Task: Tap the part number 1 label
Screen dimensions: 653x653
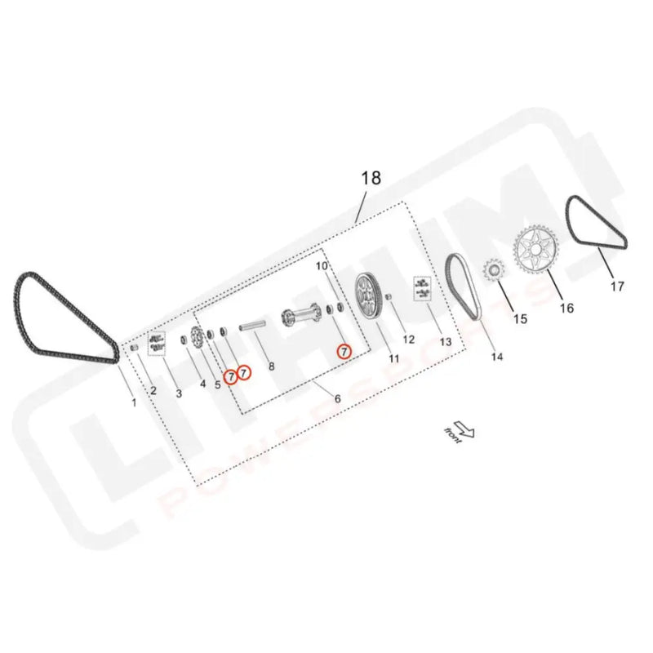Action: tap(135, 402)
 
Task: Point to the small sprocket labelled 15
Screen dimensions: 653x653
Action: tap(494, 273)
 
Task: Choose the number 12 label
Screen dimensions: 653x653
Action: tap(408, 338)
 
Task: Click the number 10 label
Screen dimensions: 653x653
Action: tap(321, 266)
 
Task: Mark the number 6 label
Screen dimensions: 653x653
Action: tap(337, 398)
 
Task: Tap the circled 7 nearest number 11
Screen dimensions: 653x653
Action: tap(344, 352)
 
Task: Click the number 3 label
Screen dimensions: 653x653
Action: tap(179, 393)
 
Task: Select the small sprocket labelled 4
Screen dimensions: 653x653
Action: tap(197, 339)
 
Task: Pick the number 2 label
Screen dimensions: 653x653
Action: tap(153, 390)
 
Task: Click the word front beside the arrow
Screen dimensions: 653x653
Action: tap(451, 436)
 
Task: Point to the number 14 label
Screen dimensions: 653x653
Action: tap(496, 357)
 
